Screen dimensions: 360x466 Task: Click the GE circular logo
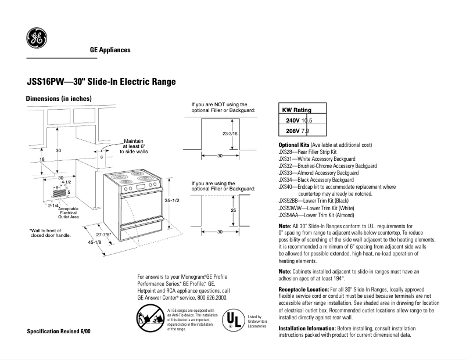(36, 39)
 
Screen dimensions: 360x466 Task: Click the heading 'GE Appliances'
(110, 51)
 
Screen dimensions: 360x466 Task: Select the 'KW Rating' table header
(296, 110)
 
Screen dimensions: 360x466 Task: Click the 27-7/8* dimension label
(103, 235)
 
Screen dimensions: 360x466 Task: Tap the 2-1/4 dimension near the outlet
(54, 206)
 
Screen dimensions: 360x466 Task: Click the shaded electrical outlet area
(60, 193)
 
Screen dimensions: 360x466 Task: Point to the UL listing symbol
(233, 320)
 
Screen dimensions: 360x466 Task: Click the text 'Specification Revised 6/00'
(59, 331)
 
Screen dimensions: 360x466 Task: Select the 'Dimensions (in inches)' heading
(59, 99)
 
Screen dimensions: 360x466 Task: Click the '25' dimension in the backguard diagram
(233, 210)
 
